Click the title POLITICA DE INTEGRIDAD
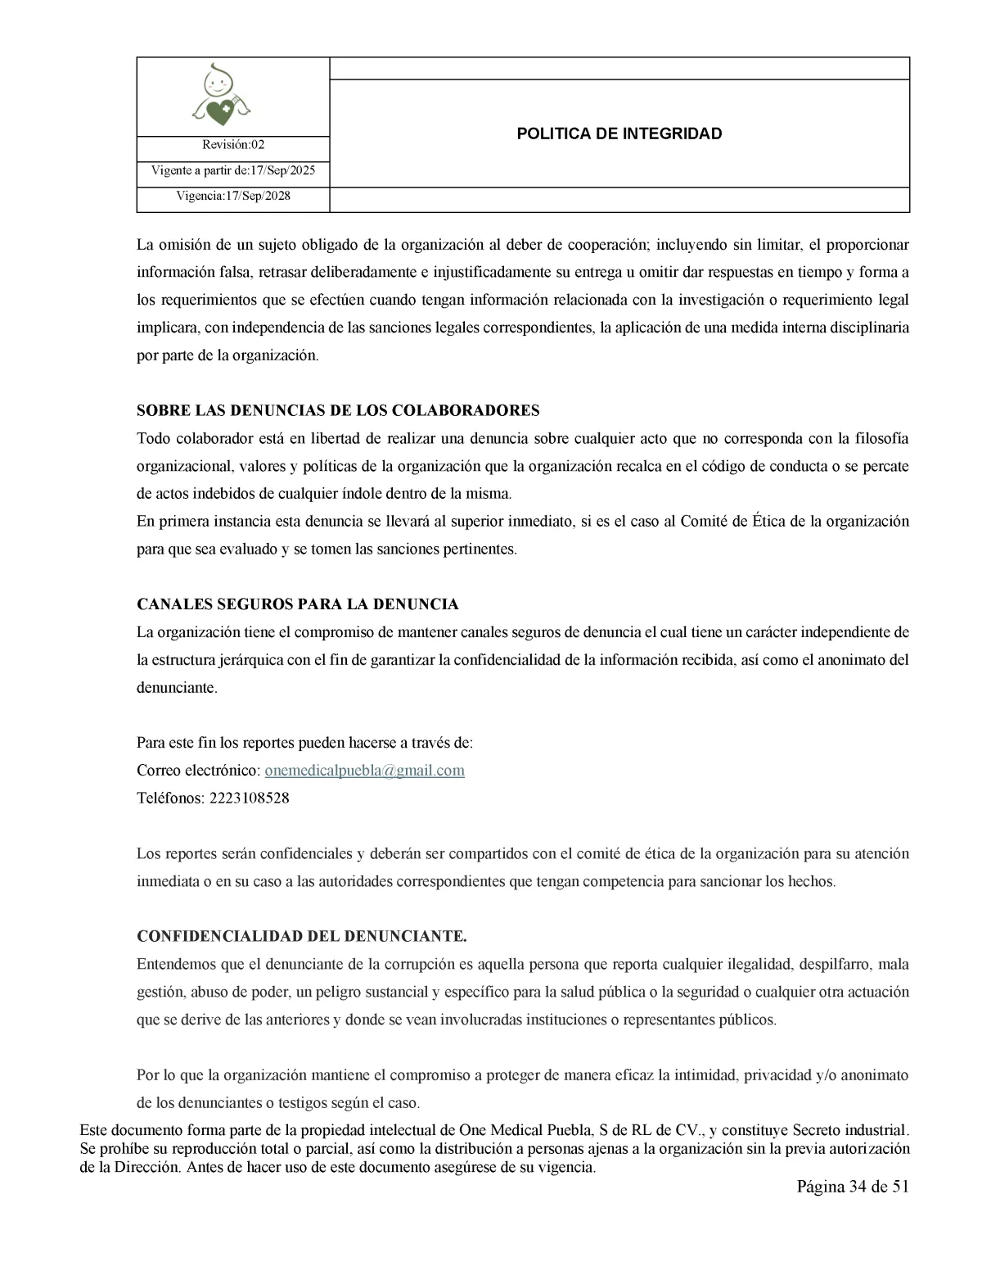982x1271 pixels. tap(619, 133)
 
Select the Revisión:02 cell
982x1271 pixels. tap(233, 145)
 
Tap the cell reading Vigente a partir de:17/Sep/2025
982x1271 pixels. tap(233, 171)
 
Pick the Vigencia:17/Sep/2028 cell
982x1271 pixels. tap(233, 197)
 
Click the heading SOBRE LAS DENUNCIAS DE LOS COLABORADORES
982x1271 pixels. tap(338, 410)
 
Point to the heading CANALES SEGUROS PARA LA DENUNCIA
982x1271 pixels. tap(297, 604)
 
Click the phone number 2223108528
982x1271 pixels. tap(249, 798)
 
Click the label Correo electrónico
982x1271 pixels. tap(198, 771)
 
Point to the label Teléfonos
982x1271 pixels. tap(169, 798)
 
